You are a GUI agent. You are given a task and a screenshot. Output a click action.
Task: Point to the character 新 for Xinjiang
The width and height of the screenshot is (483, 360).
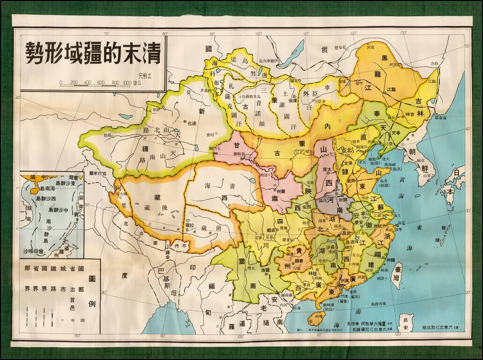click(x=202, y=111)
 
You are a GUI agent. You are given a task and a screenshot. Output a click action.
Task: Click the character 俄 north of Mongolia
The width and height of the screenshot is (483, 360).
click(x=323, y=50)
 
